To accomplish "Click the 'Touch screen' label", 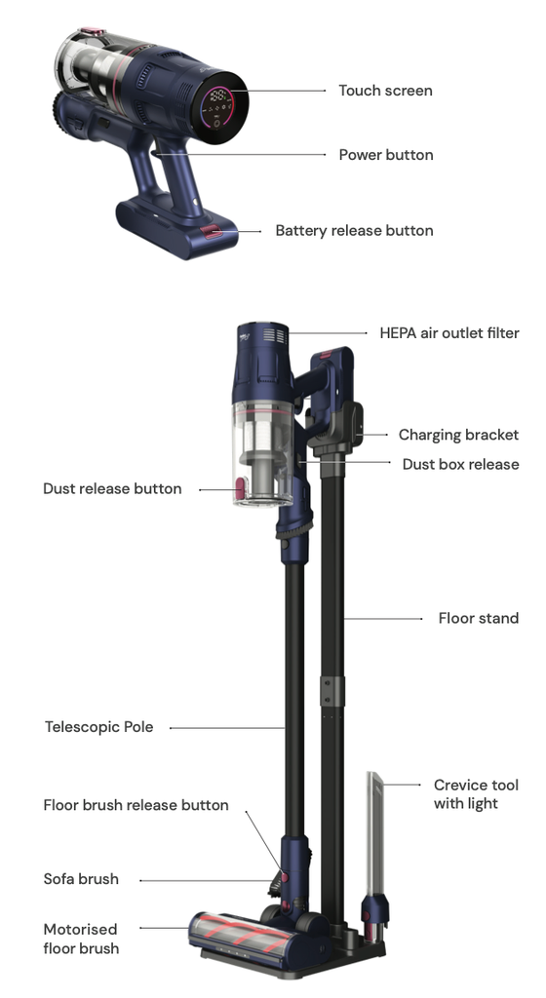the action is click(x=385, y=91).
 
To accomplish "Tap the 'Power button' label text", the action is click(x=386, y=155).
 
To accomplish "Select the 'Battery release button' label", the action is click(x=355, y=230).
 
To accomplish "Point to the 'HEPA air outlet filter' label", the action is click(x=449, y=333).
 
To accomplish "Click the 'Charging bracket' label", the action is click(x=458, y=435).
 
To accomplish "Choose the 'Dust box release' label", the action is click(x=460, y=464).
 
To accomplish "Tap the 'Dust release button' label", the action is click(x=112, y=489).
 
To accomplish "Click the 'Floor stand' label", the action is click(x=479, y=618).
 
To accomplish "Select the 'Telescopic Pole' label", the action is click(x=98, y=727).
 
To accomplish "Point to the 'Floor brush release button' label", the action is click(x=136, y=805).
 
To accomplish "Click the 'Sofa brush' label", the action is click(x=81, y=879).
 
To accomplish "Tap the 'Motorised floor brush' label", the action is click(x=81, y=939).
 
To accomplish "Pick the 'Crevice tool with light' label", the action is click(x=476, y=793).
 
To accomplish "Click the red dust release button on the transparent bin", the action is click(x=240, y=489).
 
